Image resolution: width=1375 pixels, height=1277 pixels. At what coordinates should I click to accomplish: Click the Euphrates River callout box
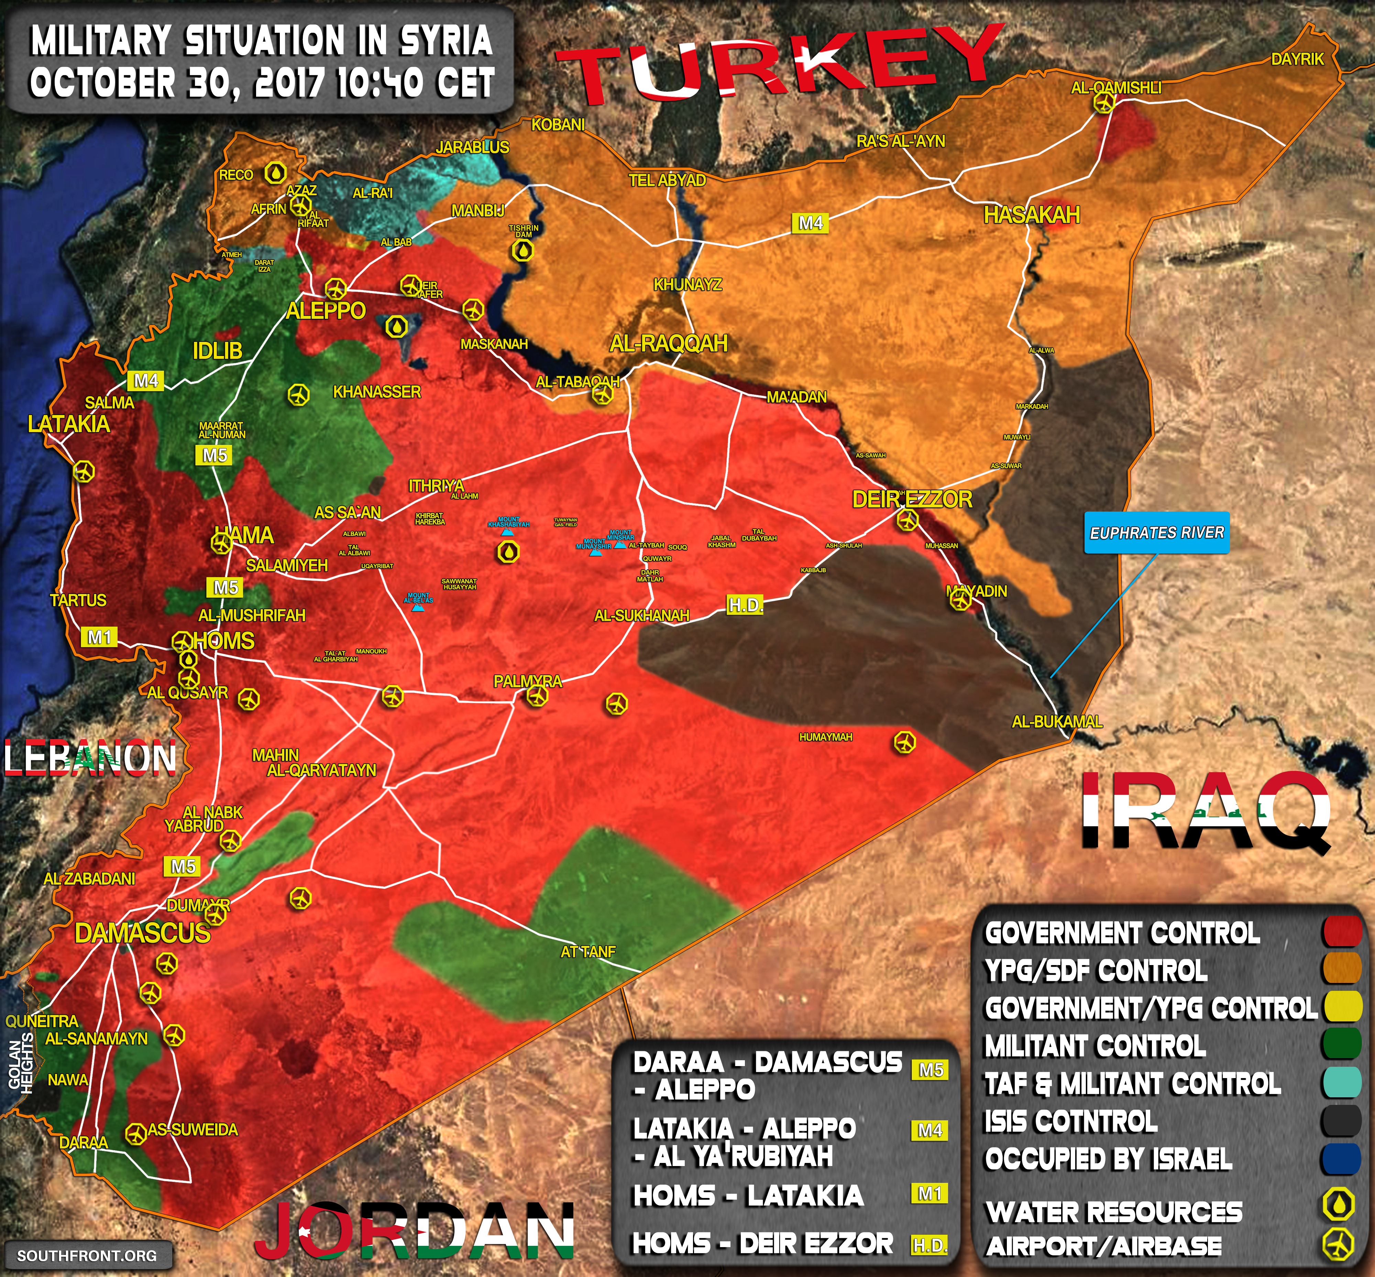pyautogui.click(x=1157, y=533)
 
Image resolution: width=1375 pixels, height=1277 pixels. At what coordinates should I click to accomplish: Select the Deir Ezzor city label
pyautogui.click(x=912, y=499)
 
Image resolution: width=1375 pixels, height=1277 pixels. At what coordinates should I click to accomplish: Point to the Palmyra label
pyautogui.click(x=527, y=681)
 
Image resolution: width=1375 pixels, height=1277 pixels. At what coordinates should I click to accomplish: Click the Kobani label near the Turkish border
pyautogui.click(x=558, y=125)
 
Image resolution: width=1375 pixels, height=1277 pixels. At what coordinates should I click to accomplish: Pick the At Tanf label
pyautogui.click(x=587, y=952)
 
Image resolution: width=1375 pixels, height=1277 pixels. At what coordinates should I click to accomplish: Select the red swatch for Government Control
pyautogui.click(x=1342, y=932)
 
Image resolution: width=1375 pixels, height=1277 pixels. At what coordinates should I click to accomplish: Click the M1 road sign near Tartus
pyautogui.click(x=100, y=636)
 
